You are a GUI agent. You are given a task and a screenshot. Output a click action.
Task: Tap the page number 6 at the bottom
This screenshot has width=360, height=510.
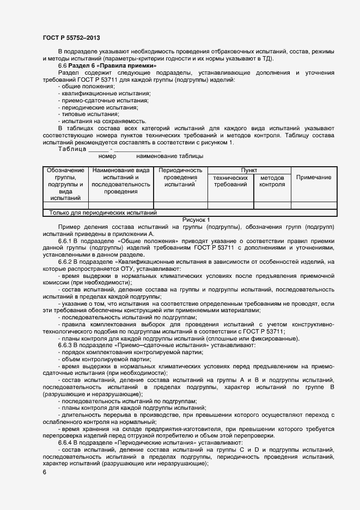45,472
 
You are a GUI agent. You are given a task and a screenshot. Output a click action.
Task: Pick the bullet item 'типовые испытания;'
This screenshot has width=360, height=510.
82,114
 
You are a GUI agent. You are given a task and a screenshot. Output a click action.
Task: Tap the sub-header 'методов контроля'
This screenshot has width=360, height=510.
272,181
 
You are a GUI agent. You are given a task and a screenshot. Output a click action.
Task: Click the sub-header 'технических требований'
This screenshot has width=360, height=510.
230,181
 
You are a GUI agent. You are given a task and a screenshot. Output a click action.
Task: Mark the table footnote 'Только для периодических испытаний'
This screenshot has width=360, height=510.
103,213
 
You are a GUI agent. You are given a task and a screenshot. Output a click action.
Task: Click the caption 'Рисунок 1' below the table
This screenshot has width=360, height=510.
196,220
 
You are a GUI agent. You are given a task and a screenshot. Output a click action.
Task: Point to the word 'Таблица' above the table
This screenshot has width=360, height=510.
72,149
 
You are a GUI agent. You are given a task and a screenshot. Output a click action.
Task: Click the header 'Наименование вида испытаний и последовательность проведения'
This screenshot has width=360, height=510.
120,181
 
